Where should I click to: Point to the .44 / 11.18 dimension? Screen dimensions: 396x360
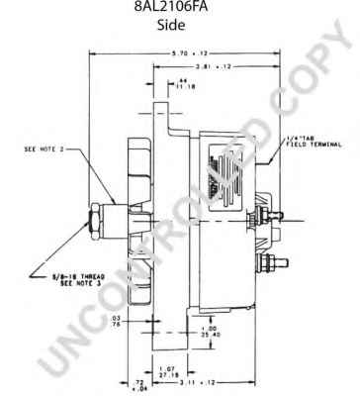182,82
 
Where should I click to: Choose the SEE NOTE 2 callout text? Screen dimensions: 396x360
44,151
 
